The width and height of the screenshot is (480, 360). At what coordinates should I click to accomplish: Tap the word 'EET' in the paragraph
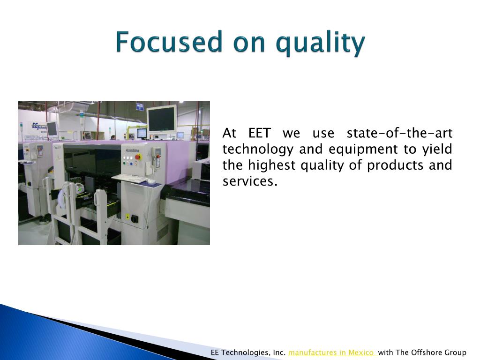(x=259, y=133)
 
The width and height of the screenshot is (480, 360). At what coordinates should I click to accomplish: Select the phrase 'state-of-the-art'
(x=399, y=133)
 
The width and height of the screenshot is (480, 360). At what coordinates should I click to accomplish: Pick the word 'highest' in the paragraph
(x=271, y=166)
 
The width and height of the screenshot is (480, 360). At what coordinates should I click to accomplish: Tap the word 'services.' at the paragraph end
(x=250, y=181)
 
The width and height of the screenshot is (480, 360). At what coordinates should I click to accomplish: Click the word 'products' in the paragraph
(x=395, y=166)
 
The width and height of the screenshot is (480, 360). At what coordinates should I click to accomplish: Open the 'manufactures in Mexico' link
(x=332, y=352)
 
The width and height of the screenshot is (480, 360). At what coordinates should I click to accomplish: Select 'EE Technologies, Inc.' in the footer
(x=248, y=352)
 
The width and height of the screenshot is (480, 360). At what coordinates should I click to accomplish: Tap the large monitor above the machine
(x=162, y=120)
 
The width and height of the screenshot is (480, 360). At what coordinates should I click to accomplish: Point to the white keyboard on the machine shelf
(x=130, y=179)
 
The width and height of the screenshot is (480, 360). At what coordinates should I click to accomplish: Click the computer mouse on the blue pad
(x=151, y=181)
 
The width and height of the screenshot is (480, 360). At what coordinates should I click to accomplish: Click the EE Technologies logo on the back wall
(x=39, y=127)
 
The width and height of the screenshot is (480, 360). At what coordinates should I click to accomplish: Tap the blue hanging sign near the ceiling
(x=140, y=107)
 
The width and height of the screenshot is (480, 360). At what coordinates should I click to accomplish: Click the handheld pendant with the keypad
(x=157, y=157)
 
